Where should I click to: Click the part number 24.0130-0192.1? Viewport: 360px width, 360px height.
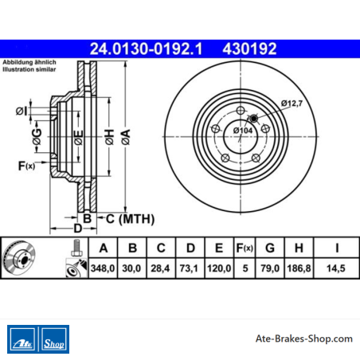[146, 49]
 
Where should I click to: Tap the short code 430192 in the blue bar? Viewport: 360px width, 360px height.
[249, 49]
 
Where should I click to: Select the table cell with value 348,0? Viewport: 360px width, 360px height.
[103, 268]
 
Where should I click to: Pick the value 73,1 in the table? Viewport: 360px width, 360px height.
[189, 268]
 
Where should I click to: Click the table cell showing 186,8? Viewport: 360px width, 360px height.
[299, 268]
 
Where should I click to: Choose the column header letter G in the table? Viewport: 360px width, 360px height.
[270, 248]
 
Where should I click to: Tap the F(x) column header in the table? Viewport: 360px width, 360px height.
[245, 248]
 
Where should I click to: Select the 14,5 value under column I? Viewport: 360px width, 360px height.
[336, 268]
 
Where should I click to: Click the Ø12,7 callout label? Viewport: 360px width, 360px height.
[292, 103]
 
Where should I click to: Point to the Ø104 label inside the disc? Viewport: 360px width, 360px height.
[243, 131]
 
